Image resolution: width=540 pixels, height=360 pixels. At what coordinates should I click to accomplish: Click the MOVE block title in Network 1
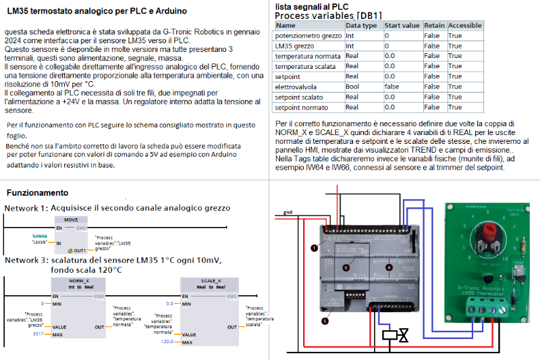pyautogui.click(x=70, y=220)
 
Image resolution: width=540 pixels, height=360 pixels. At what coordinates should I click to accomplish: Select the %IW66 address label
pyautogui.click(x=39, y=236)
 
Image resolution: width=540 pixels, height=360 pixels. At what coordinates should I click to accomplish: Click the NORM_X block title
pyautogui.click(x=80, y=280)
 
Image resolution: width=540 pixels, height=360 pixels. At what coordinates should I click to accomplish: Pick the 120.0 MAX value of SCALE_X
pyautogui.click(x=167, y=342)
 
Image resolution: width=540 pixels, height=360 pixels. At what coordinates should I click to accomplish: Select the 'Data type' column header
pyautogui.click(x=361, y=25)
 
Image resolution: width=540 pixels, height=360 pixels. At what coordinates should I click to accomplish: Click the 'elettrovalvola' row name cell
pyautogui.click(x=296, y=86)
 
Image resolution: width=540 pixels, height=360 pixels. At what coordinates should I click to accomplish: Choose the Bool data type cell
pyautogui.click(x=353, y=86)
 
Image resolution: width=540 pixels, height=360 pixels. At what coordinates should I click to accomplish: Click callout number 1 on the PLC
pyautogui.click(x=314, y=248)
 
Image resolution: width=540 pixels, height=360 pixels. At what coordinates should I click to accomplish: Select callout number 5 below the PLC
pyautogui.click(x=325, y=322)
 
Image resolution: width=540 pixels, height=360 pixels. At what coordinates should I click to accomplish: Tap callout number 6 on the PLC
pyautogui.click(x=346, y=267)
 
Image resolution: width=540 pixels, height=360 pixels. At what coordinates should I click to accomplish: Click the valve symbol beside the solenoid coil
pyautogui.click(x=404, y=336)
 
